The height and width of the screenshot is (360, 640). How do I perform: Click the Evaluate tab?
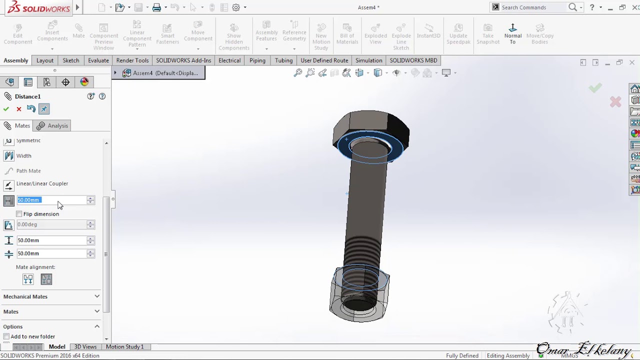point(98,60)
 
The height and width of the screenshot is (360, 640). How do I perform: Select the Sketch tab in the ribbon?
point(71,60)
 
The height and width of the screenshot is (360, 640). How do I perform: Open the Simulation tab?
point(368,60)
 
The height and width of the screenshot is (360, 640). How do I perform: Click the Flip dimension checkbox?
point(19,214)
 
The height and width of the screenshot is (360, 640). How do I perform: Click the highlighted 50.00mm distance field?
point(51,200)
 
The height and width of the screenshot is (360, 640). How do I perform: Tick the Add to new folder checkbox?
point(6,336)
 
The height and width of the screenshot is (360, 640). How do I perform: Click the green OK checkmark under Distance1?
point(6,109)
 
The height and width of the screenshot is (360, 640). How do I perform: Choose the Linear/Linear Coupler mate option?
point(42,184)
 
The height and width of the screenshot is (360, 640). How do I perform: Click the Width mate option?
point(23,156)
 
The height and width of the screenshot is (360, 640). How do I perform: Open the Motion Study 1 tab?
point(124,346)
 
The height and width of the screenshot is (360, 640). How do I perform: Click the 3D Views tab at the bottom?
point(85,346)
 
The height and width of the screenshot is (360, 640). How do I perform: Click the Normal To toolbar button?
point(512,33)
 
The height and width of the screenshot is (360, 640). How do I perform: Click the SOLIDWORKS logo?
point(39,8)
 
